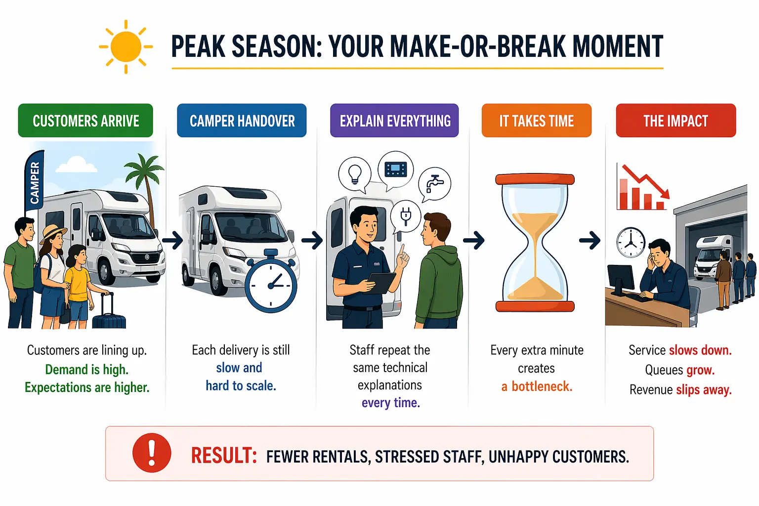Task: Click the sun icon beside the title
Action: pos(126,47)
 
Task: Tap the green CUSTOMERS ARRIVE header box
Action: pos(85,120)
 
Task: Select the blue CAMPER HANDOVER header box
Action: pos(242,120)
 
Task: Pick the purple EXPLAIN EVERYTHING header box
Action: pos(394,120)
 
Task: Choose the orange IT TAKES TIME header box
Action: pos(536,120)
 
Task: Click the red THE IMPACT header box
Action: pos(675,120)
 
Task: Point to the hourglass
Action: pos(535,242)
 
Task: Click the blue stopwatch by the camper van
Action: pos(271,281)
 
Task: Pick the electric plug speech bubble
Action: pos(406,216)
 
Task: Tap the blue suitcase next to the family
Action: pos(109,313)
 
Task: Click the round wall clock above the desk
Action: pos(631,242)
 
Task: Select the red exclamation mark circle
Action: pos(152,453)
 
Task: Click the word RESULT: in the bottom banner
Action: pos(224,455)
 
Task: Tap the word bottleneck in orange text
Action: pos(542,386)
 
